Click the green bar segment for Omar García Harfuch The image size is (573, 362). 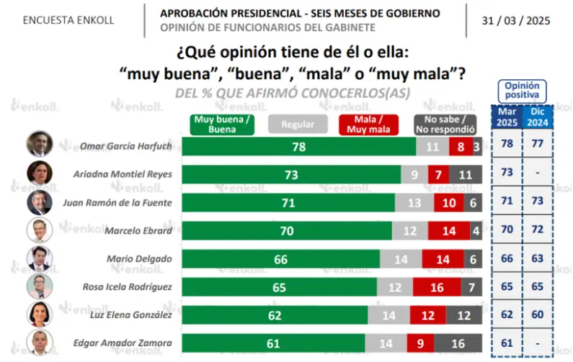(299, 147)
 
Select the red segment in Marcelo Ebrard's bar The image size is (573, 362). (449, 230)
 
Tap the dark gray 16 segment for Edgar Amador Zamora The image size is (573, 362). (458, 343)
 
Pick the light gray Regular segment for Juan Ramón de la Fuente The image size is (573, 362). (414, 202)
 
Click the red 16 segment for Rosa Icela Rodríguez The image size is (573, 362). (437, 287)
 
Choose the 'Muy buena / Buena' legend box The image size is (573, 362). (222, 125)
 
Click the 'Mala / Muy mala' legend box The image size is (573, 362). (368, 125)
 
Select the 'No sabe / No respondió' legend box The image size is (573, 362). (445, 125)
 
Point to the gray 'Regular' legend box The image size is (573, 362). (298, 125)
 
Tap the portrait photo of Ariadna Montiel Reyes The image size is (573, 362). (40, 173)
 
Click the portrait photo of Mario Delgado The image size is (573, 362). (40, 259)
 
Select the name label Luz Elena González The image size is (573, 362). (131, 315)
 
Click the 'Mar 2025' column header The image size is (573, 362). (507, 117)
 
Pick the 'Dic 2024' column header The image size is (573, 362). (538, 117)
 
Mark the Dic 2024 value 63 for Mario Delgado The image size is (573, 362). (537, 258)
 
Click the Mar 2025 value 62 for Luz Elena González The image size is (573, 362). (507, 315)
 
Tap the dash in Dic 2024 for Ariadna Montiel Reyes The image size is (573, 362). (537, 173)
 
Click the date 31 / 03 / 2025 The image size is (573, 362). (516, 21)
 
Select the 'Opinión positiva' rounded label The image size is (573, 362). (523, 91)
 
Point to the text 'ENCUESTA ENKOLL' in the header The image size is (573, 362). (68, 20)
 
